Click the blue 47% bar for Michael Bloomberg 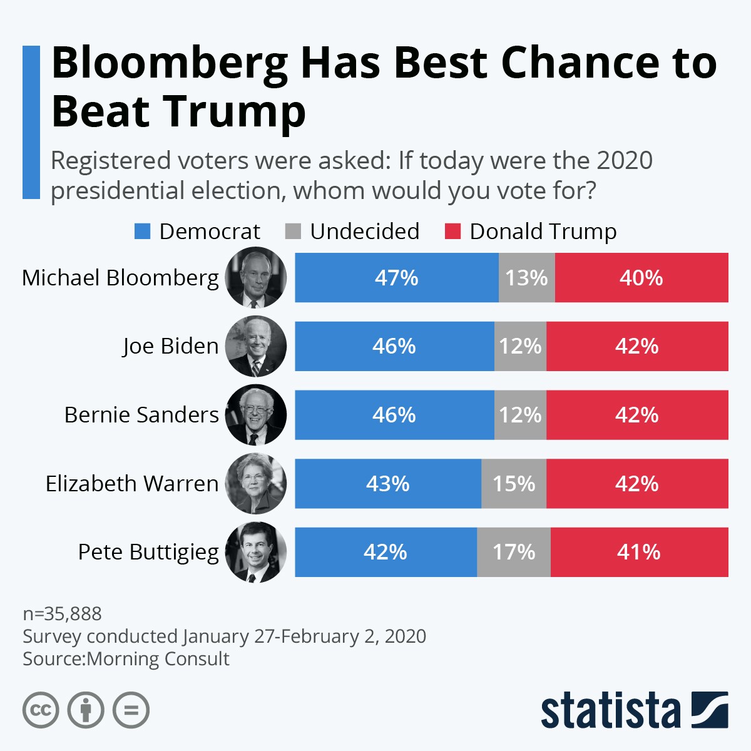click(396, 278)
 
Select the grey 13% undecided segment click(526, 278)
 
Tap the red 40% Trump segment click(641, 278)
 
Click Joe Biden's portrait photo click(256, 346)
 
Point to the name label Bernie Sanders click(141, 415)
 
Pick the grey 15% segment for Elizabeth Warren click(513, 484)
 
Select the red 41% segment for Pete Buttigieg click(639, 552)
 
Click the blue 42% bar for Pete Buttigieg click(386, 552)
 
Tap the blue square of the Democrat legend click(143, 232)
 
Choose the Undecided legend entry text click(365, 232)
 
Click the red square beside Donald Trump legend click(452, 232)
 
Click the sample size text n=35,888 click(62, 613)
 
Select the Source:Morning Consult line click(126, 659)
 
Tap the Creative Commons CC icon click(41, 710)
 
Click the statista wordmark click(610, 710)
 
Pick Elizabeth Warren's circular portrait click(256, 484)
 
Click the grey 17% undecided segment click(513, 552)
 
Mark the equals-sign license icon click(131, 710)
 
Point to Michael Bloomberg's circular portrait click(256, 278)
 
